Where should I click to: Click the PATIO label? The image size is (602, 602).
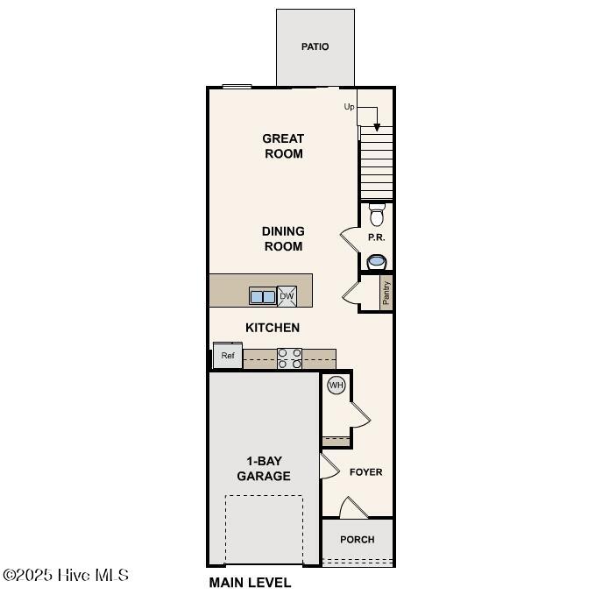pyautogui.click(x=315, y=46)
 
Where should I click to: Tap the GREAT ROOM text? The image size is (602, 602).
pyautogui.click(x=283, y=145)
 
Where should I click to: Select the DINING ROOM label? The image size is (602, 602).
pyautogui.click(x=283, y=238)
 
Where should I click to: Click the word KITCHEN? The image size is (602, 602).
pyautogui.click(x=272, y=328)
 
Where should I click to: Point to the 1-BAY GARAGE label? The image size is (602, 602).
pyautogui.click(x=264, y=469)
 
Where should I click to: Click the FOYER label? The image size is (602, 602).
pyautogui.click(x=365, y=472)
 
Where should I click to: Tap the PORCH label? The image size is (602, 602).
pyautogui.click(x=357, y=540)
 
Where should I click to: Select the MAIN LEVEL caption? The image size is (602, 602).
pyautogui.click(x=250, y=583)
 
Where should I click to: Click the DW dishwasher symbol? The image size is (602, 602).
pyautogui.click(x=287, y=296)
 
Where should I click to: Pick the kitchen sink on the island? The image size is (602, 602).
pyautogui.click(x=262, y=296)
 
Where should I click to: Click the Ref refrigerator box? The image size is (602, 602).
pyautogui.click(x=228, y=356)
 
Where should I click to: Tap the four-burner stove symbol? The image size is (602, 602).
pyautogui.click(x=290, y=358)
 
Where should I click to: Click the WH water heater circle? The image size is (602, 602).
pyautogui.click(x=336, y=385)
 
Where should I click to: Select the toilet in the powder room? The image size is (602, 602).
pyautogui.click(x=377, y=215)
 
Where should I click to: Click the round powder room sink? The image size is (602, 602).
pyautogui.click(x=377, y=261)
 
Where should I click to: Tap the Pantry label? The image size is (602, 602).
pyautogui.click(x=386, y=293)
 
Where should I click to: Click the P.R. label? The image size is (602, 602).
pyautogui.click(x=377, y=237)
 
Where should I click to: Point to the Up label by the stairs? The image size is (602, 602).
pyautogui.click(x=349, y=107)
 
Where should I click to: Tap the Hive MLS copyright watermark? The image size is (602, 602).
pyautogui.click(x=67, y=576)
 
